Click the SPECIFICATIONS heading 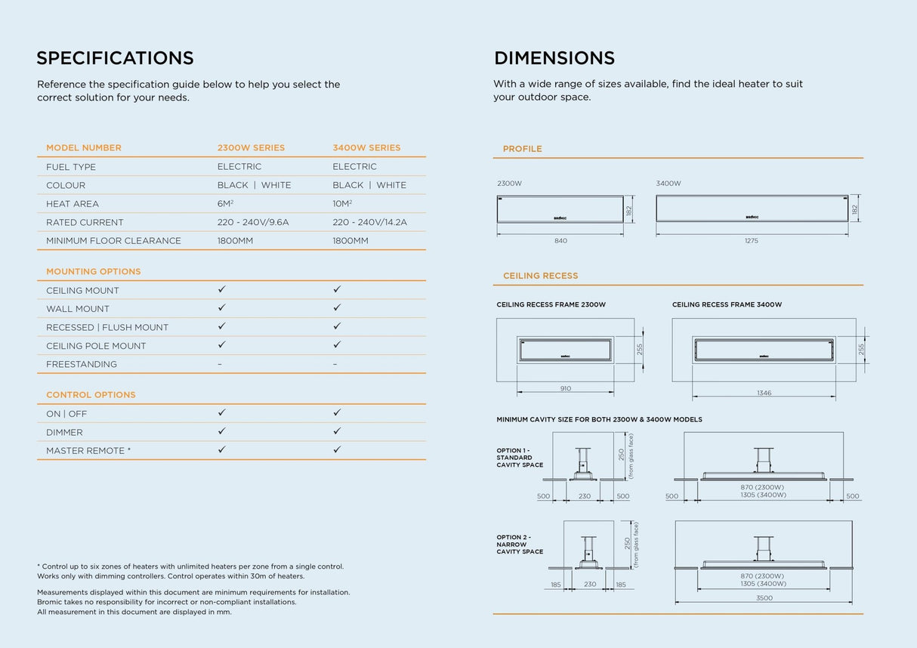(115, 58)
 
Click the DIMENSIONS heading (554, 58)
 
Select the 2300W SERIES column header (251, 148)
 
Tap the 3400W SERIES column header (366, 148)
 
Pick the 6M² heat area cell (226, 204)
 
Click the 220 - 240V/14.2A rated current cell (369, 222)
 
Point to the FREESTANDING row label (82, 364)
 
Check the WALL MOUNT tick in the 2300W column (222, 308)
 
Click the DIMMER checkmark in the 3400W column (337, 431)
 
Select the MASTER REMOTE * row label (88, 451)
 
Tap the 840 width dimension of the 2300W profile (560, 241)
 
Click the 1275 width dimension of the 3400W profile (751, 241)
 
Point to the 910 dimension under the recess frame (566, 389)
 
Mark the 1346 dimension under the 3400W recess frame (764, 393)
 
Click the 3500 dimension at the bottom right (764, 598)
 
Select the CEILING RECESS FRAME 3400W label (727, 305)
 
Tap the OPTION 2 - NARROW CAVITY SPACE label (520, 545)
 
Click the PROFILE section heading (523, 149)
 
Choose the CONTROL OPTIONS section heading (91, 395)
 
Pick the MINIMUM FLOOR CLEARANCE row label (113, 241)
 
